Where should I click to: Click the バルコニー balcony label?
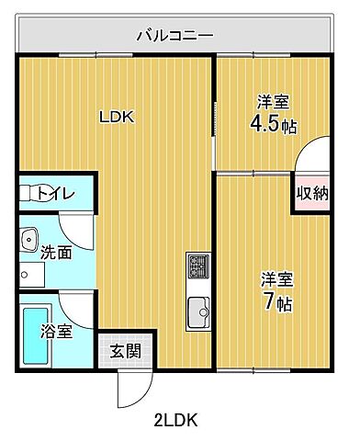174,36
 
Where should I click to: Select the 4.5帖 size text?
274,125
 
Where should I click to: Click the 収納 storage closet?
310,193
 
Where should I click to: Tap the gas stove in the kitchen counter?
198,268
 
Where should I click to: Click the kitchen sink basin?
198,312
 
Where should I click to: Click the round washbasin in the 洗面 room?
27,236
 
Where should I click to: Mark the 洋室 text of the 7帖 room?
276,278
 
